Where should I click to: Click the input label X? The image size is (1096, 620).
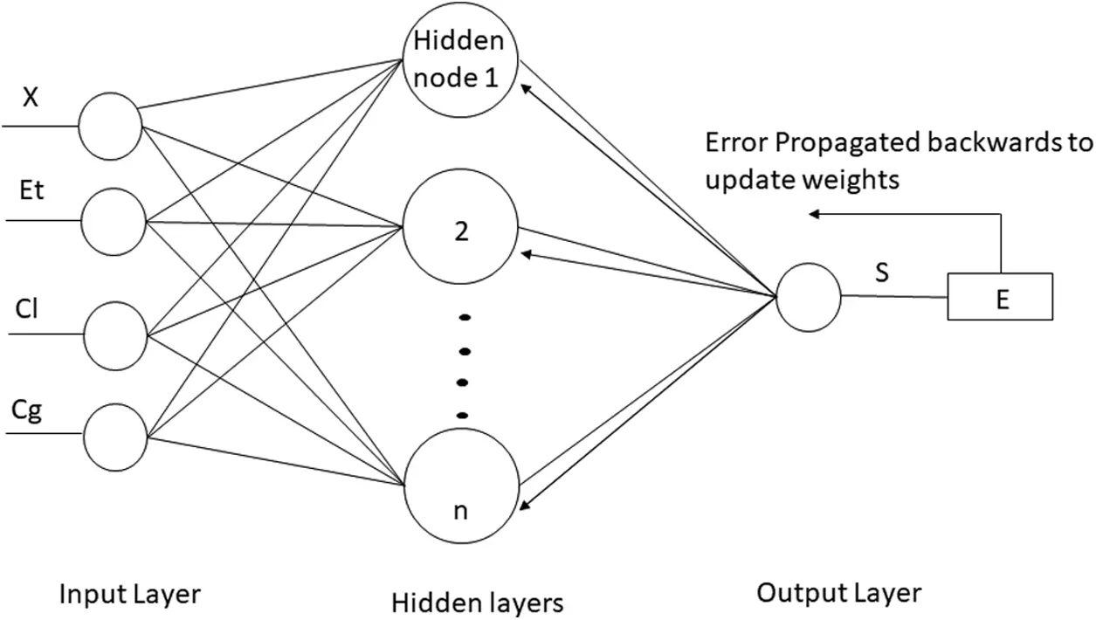pos(31,97)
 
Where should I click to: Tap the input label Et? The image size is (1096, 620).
pos(31,189)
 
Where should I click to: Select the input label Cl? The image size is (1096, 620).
pos(26,309)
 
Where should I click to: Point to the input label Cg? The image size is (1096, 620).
pos(26,411)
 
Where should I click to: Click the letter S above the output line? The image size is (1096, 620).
pos(882,272)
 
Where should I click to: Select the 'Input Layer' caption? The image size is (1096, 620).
pos(129,595)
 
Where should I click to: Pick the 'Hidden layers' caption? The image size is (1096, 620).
pos(477,603)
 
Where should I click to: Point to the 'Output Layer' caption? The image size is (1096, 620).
pos(838,594)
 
